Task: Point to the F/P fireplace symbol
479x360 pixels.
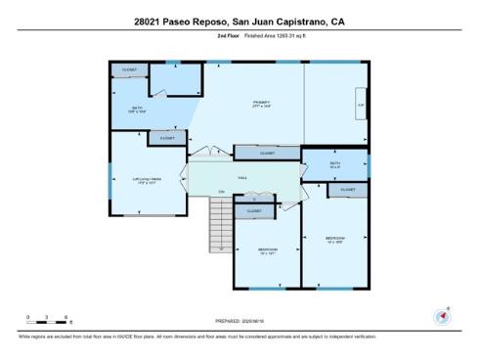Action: pos(360,105)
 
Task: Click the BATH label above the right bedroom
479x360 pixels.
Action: pos(334,164)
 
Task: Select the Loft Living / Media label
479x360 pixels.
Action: pos(147,180)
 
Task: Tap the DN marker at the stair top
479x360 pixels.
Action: pos(222,192)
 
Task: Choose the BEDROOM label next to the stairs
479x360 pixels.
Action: pos(268,250)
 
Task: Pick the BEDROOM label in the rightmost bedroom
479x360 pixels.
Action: pos(334,239)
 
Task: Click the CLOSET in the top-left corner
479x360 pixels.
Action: pos(128,70)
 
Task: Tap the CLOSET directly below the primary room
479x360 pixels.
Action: pos(267,153)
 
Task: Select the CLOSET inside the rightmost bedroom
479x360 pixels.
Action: pos(347,190)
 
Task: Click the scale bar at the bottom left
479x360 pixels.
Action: pos(47,320)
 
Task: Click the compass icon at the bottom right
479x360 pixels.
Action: pos(441,316)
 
